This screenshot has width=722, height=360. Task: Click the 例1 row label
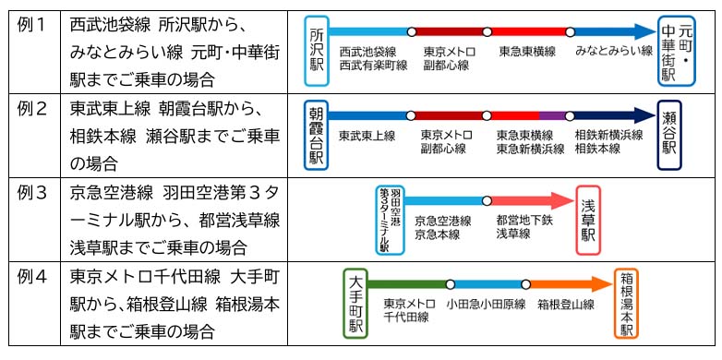pyautogui.click(x=32, y=25)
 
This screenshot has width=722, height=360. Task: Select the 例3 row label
pyautogui.click(x=32, y=197)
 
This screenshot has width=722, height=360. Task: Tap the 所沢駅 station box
pyautogui.click(x=317, y=51)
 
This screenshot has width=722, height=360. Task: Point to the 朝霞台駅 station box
pyautogui.click(x=317, y=135)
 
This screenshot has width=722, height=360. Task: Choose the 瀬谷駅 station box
pyautogui.click(x=669, y=135)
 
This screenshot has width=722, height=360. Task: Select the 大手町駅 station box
pyautogui.click(x=356, y=303)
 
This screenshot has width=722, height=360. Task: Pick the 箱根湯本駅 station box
pyautogui.click(x=626, y=303)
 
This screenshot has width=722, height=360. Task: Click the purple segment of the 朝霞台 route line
pyautogui.click(x=552, y=115)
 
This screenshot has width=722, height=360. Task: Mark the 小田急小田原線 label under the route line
pyautogui.click(x=486, y=304)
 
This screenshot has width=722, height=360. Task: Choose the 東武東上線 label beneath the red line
pyautogui.click(x=367, y=136)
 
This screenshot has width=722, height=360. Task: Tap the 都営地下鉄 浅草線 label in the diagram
pyautogui.click(x=523, y=227)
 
